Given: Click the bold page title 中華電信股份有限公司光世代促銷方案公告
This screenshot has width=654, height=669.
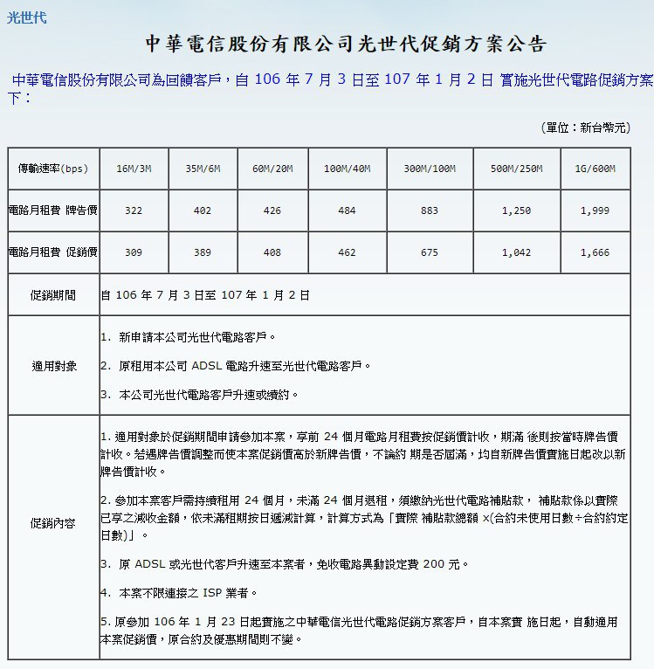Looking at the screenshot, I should pyautogui.click(x=346, y=45).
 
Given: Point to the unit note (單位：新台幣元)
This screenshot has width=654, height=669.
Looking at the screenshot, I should pyautogui.click(x=585, y=128).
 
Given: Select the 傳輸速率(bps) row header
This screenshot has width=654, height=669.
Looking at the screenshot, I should pyautogui.click(x=53, y=169).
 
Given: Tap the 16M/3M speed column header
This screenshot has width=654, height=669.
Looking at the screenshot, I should pyautogui.click(x=134, y=169).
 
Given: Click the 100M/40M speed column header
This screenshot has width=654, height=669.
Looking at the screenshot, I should pyautogui.click(x=346, y=169).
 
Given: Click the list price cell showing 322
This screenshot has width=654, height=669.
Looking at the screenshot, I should pyautogui.click(x=134, y=210).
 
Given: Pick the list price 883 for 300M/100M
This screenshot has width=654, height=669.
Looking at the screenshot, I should pyautogui.click(x=430, y=210).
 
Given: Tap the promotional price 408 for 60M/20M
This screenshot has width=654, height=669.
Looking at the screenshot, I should pyautogui.click(x=272, y=252).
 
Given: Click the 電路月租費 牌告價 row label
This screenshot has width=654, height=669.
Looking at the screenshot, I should pyautogui.click(x=53, y=210).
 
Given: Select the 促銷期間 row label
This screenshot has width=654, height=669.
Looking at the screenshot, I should pyautogui.click(x=53, y=295).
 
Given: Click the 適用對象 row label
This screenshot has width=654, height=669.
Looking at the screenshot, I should pyautogui.click(x=53, y=366).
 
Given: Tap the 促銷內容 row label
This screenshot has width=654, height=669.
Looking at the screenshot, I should pyautogui.click(x=53, y=524).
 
